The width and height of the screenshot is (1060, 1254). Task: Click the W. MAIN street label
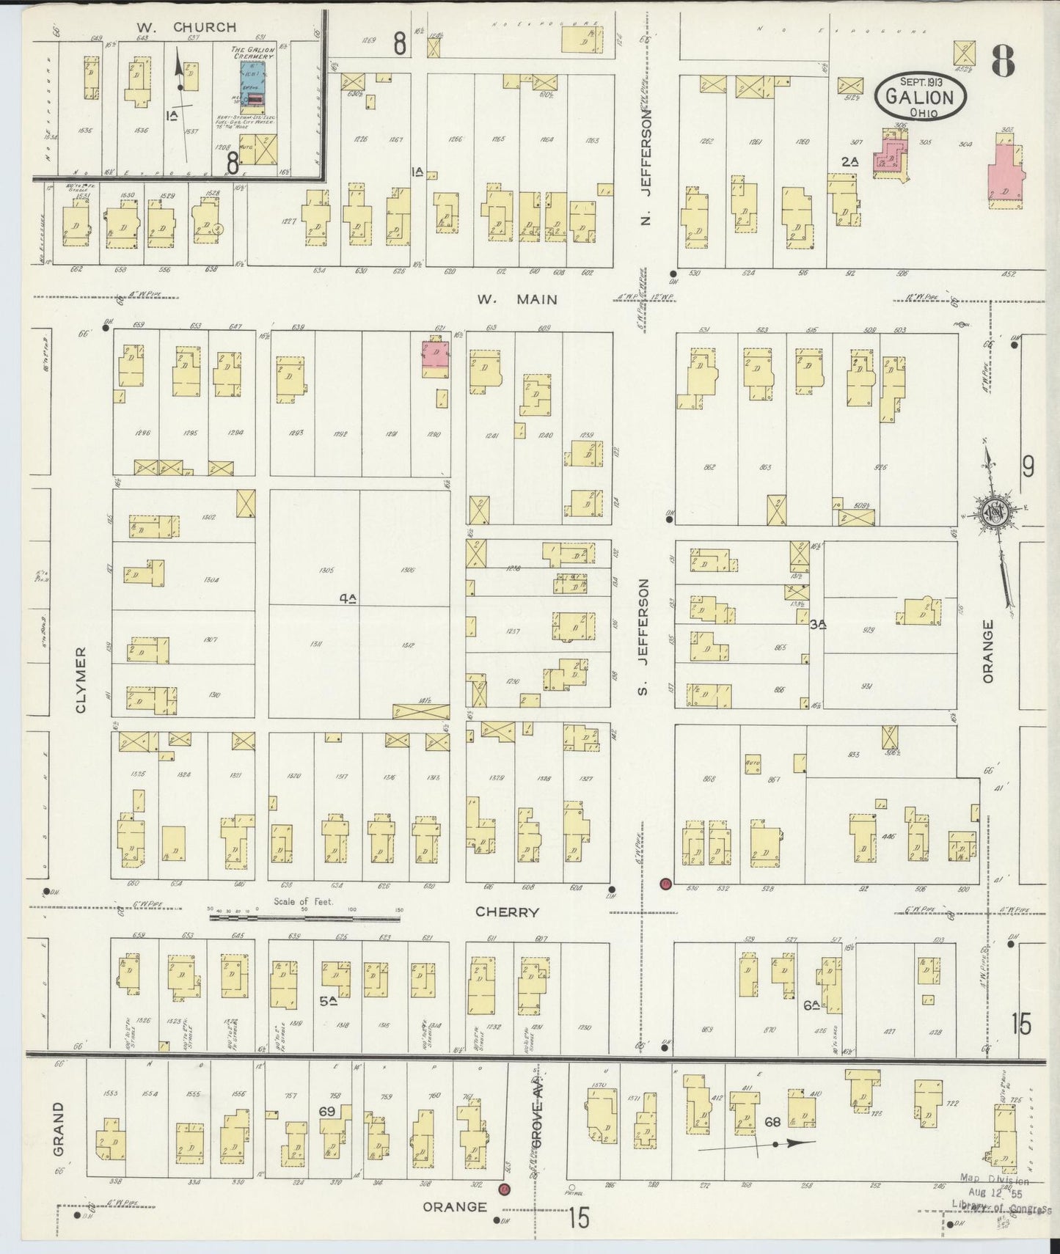coord(516,299)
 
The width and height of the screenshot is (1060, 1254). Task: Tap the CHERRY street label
coord(507,912)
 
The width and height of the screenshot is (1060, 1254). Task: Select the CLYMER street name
coord(81,679)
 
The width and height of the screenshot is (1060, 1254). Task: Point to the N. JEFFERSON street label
coord(646,168)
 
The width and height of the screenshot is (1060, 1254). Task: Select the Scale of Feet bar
coord(304,916)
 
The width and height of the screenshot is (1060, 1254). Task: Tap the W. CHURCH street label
coord(186,27)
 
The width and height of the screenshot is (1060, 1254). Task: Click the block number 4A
coord(348,598)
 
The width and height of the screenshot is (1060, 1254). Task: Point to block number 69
coord(327,1111)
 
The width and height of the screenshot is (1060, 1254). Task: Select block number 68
coord(772,1121)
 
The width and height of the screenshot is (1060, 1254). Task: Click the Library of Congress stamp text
coord(1001,1203)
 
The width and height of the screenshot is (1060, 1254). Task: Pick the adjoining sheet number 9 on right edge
coord(1028,466)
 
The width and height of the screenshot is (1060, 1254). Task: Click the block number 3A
coord(818,624)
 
